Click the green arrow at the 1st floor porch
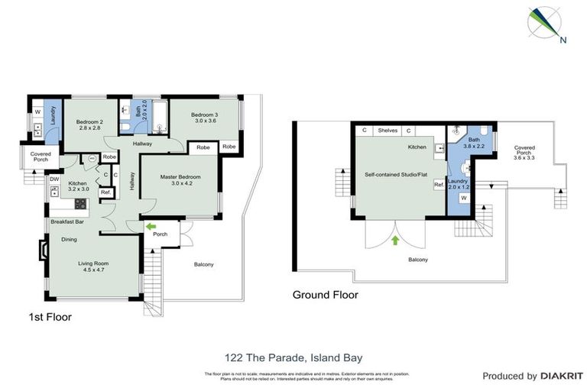click(x=151, y=227)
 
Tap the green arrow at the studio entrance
click(x=395, y=241)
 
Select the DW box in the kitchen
click(x=54, y=180)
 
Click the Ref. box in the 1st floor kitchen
click(x=105, y=192)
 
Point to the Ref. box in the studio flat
click(x=439, y=185)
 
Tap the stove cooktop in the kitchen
click(x=79, y=204)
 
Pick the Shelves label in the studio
click(x=388, y=131)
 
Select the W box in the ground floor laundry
click(x=463, y=199)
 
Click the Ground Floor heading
click(x=326, y=295)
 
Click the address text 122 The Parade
click(x=293, y=357)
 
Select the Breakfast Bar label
click(x=67, y=222)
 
